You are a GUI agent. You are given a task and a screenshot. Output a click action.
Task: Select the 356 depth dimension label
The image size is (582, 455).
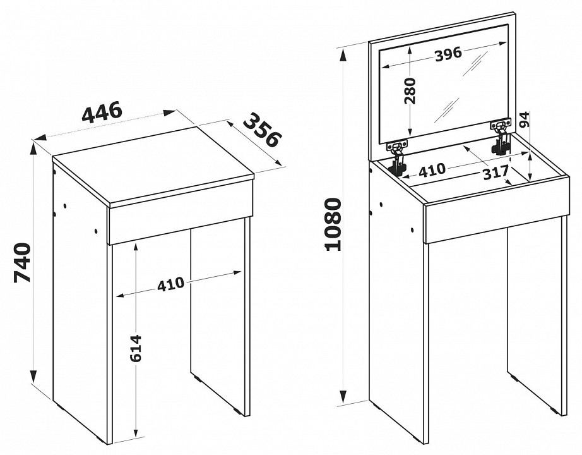coord(263,130)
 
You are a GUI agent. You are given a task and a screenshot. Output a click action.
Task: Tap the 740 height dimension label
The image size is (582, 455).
coord(21,262)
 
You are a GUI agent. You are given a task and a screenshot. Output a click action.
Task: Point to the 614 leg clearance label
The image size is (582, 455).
coord(136,348)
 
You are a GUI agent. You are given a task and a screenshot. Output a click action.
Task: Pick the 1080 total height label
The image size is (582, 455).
coord(333,224)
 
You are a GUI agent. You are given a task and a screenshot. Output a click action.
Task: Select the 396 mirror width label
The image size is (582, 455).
coord(448,54)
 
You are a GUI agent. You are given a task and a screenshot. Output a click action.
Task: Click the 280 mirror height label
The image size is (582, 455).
coord(410,91)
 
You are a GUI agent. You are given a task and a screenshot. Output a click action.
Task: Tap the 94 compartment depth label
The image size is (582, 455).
coord(525,119)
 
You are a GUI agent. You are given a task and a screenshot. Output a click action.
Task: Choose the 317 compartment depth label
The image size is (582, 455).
coord(496,173)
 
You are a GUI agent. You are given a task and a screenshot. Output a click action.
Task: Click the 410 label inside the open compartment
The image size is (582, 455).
coord(432,170)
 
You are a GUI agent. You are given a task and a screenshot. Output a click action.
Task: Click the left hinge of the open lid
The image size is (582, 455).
coord(397,157)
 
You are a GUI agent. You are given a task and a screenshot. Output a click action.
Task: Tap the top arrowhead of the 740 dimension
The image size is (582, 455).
coord(34,150)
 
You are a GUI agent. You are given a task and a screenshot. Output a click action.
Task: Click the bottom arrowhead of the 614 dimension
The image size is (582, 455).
coord(136,431)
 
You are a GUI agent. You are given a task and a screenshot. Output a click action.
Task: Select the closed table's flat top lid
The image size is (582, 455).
coord(153,165)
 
